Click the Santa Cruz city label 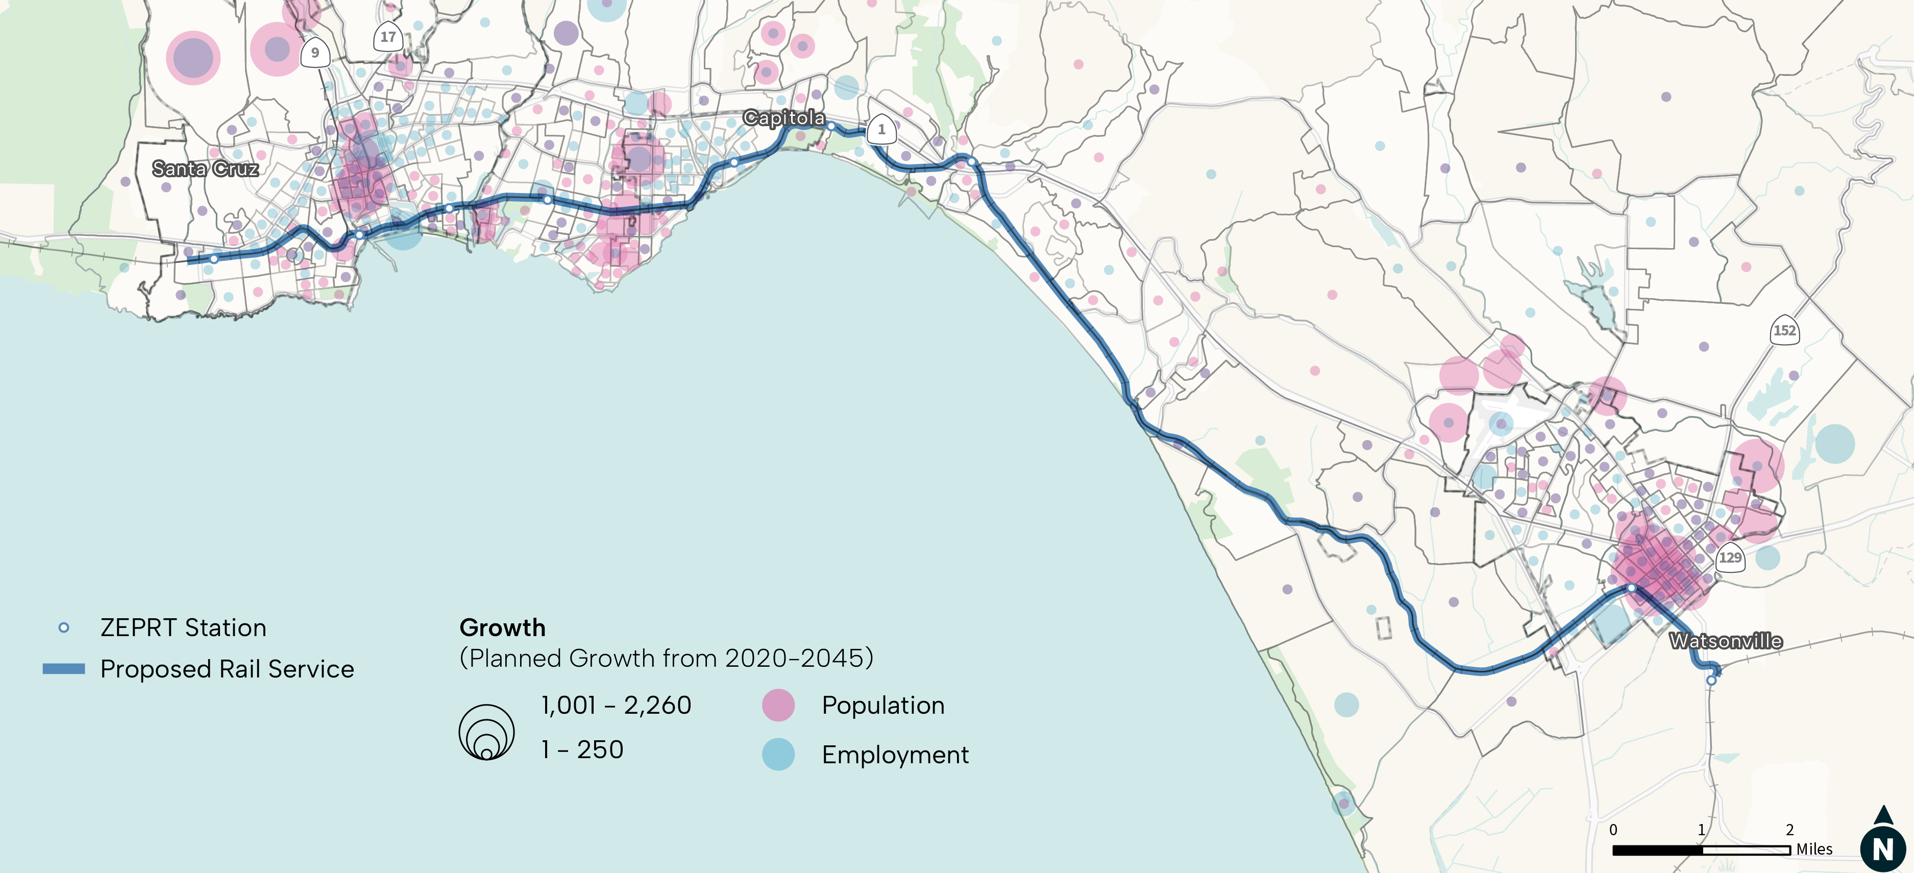(205, 168)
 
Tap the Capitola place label (784, 117)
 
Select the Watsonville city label (1725, 640)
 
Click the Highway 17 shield (388, 36)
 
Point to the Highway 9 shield (315, 53)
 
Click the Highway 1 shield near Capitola (881, 129)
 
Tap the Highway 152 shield (1784, 331)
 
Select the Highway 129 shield (1730, 557)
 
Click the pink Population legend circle (778, 705)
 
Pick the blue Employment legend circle (778, 754)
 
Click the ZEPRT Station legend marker (64, 628)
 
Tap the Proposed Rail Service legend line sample (64, 669)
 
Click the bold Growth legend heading (502, 628)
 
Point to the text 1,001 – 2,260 (616, 705)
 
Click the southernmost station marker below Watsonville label (1710, 680)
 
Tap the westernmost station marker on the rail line (214, 258)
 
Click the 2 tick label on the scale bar (1789, 829)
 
